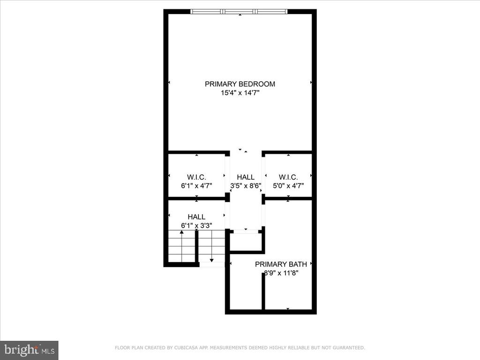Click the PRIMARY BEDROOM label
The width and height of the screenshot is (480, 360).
point(240,84)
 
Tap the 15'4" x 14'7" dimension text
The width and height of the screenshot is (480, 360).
point(240,93)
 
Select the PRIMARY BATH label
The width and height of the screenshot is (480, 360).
point(281,264)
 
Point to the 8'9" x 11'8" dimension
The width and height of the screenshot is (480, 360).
point(281,273)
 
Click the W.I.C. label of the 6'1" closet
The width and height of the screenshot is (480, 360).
point(196,177)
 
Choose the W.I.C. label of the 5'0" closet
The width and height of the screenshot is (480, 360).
point(288,177)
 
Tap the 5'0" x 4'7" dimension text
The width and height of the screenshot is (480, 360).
point(288,186)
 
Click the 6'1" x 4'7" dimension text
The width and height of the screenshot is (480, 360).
point(196,186)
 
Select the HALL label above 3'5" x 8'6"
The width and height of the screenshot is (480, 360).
point(246,177)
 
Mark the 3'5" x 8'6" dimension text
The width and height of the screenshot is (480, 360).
point(246,186)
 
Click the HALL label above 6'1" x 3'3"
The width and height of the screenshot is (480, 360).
point(196,217)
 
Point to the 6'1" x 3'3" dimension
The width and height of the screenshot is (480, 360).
point(196,225)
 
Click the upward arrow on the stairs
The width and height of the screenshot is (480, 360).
point(181,246)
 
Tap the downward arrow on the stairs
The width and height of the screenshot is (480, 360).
point(211,246)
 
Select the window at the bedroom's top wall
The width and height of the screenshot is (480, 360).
point(239,12)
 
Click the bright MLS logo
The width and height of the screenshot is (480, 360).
point(30,350)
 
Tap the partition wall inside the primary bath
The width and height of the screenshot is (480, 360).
point(263,292)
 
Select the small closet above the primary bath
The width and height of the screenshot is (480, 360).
point(245,242)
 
